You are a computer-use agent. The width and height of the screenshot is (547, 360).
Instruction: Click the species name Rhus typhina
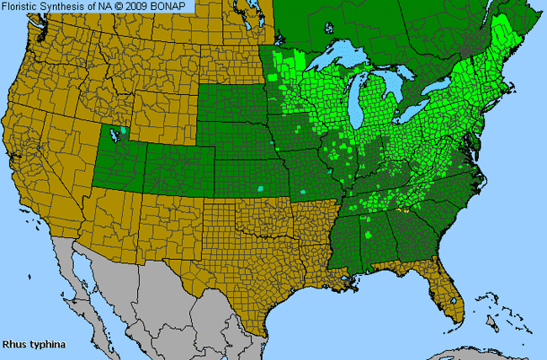click(x=35, y=345)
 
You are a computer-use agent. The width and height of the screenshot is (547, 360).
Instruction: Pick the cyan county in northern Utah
click(x=123, y=130)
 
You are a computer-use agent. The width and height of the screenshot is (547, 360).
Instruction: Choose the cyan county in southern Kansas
click(x=260, y=188)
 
